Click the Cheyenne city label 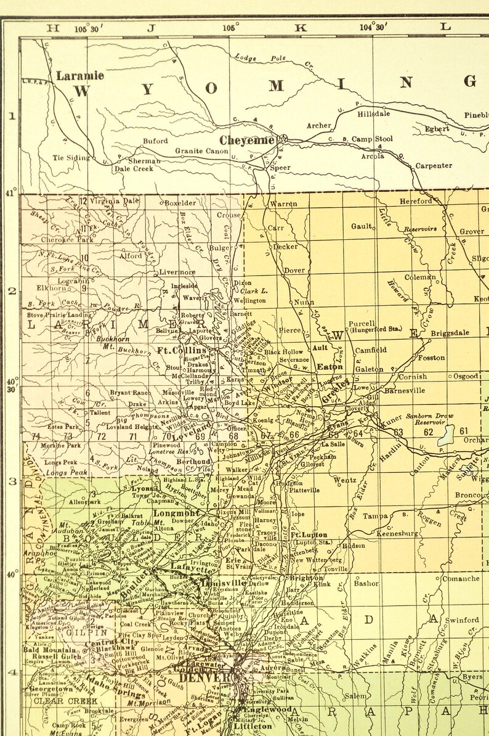pyautogui.click(x=247, y=141)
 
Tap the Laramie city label pyautogui.click(x=80, y=76)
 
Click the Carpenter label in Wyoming pyautogui.click(x=433, y=166)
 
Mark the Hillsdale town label pyautogui.click(x=374, y=114)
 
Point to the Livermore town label pyautogui.click(x=177, y=272)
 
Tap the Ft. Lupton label pyautogui.click(x=309, y=535)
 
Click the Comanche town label pyautogui.click(x=461, y=579)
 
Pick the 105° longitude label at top pyautogui.click(x=230, y=27)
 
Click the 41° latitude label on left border pyautogui.click(x=10, y=193)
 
